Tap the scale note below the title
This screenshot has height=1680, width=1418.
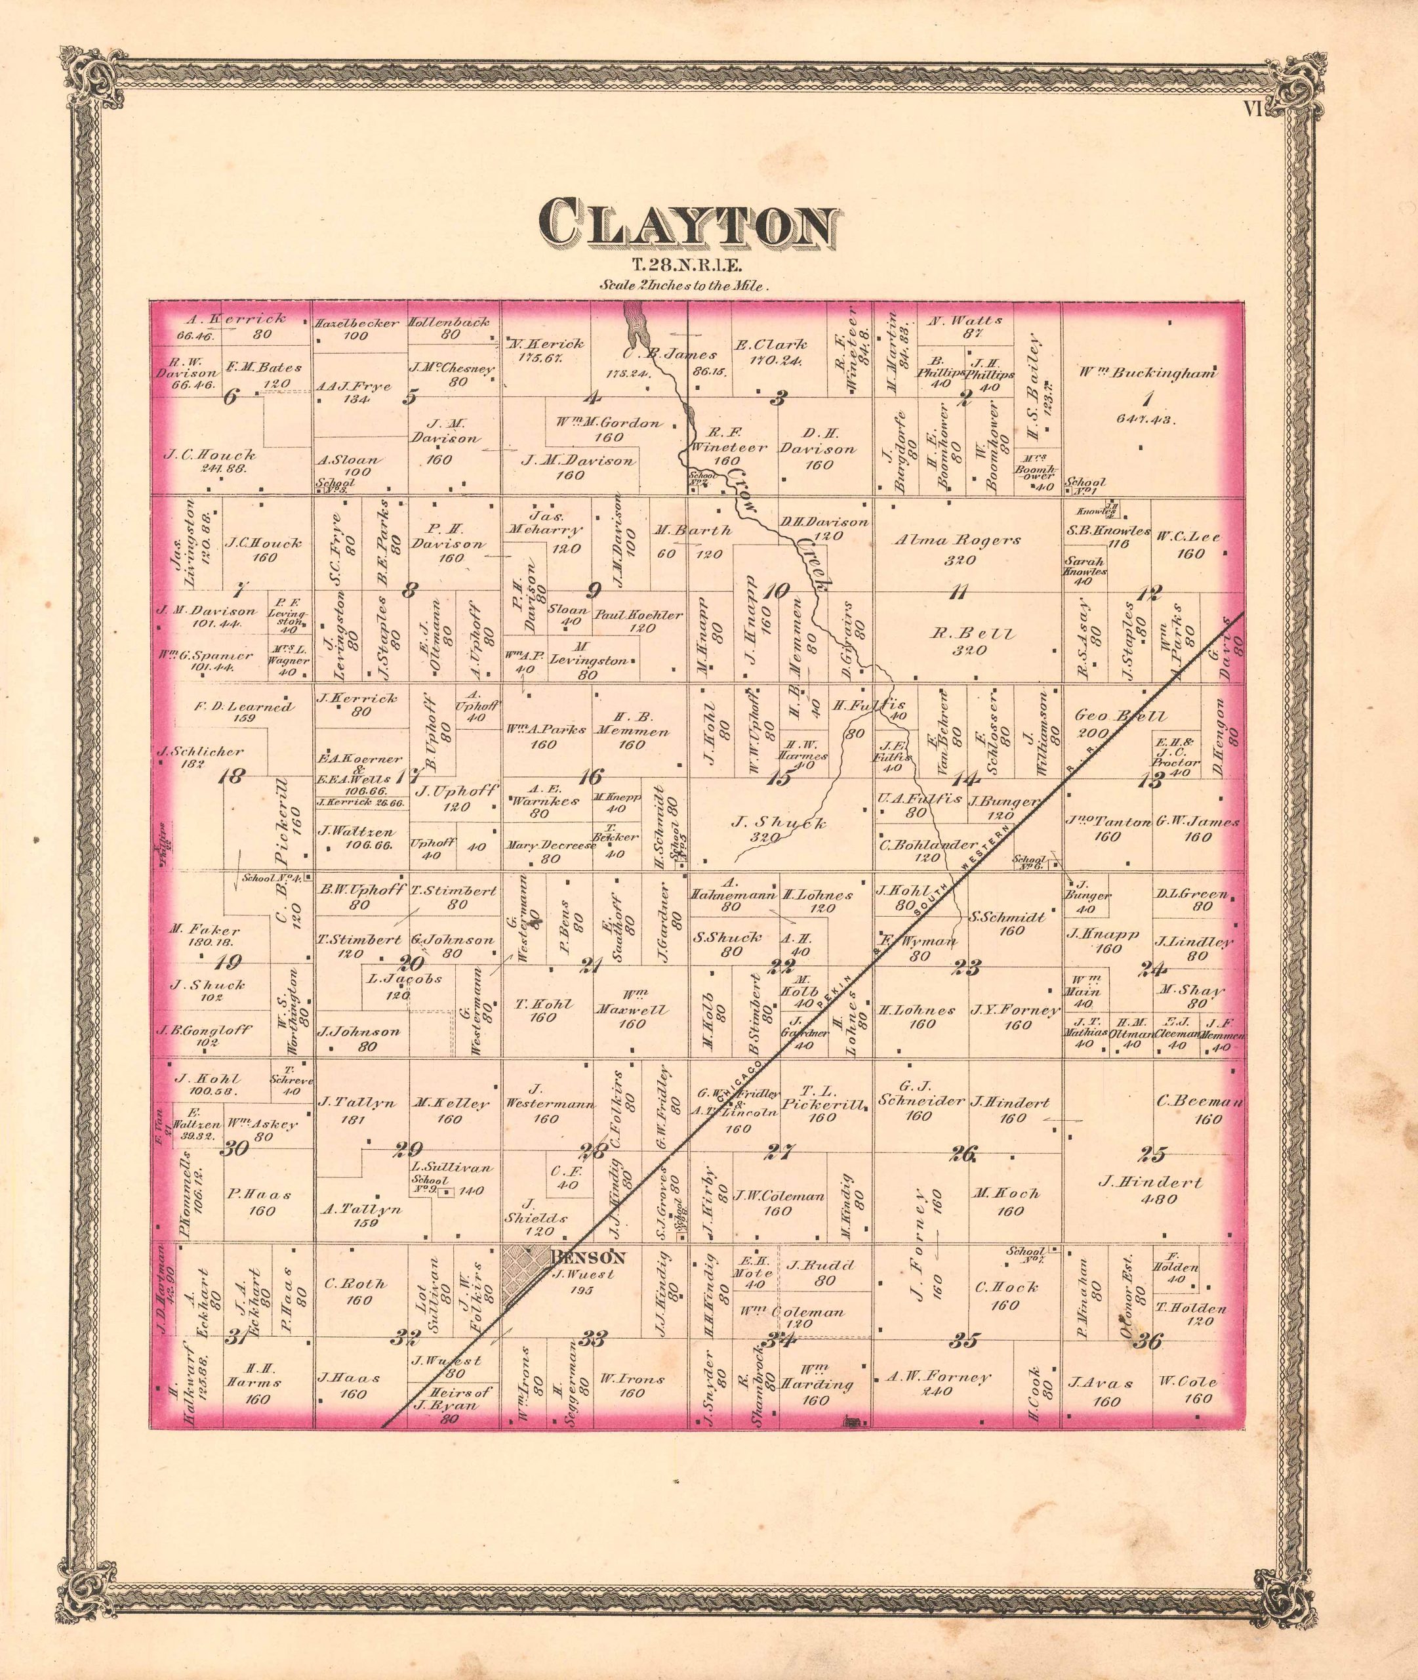click(685, 285)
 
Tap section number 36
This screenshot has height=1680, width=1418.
click(1150, 1340)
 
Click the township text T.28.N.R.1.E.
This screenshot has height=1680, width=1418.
click(685, 264)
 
